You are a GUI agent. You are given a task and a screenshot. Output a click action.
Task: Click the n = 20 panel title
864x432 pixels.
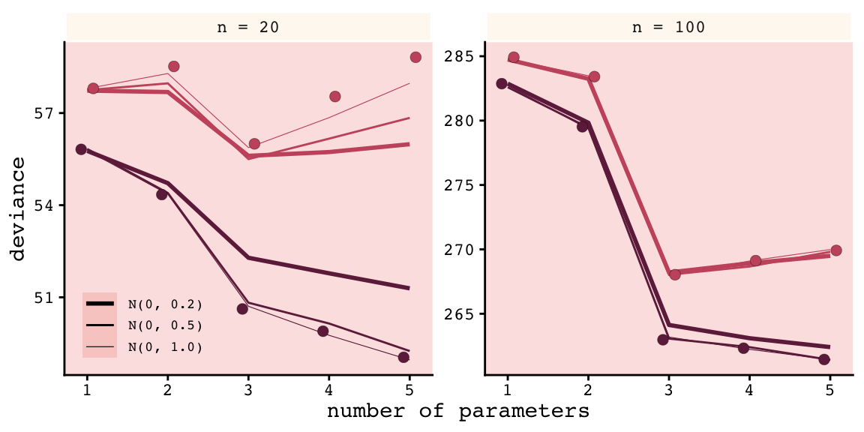(x=248, y=28)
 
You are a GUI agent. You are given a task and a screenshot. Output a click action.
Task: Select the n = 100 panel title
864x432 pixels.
(x=669, y=28)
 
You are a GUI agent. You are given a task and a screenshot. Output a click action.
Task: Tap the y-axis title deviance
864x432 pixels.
(x=19, y=208)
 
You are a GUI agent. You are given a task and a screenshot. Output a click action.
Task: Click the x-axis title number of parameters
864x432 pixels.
(x=457, y=412)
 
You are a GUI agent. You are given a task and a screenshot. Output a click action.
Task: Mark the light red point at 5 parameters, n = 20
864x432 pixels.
(x=415, y=57)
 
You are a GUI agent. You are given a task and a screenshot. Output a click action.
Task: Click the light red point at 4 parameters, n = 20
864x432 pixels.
(x=335, y=96)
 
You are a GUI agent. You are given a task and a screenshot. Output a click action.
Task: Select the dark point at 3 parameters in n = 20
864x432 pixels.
(x=242, y=309)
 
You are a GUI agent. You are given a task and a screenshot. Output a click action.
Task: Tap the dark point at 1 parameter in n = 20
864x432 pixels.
(x=81, y=149)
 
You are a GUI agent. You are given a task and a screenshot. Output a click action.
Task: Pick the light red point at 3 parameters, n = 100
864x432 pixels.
(x=675, y=274)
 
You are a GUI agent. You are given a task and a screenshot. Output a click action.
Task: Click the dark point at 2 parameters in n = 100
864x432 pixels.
(x=582, y=127)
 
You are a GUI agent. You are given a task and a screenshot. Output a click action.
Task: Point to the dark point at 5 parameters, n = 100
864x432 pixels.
(x=824, y=359)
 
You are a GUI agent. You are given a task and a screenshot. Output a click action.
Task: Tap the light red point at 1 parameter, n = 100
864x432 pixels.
(x=514, y=57)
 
